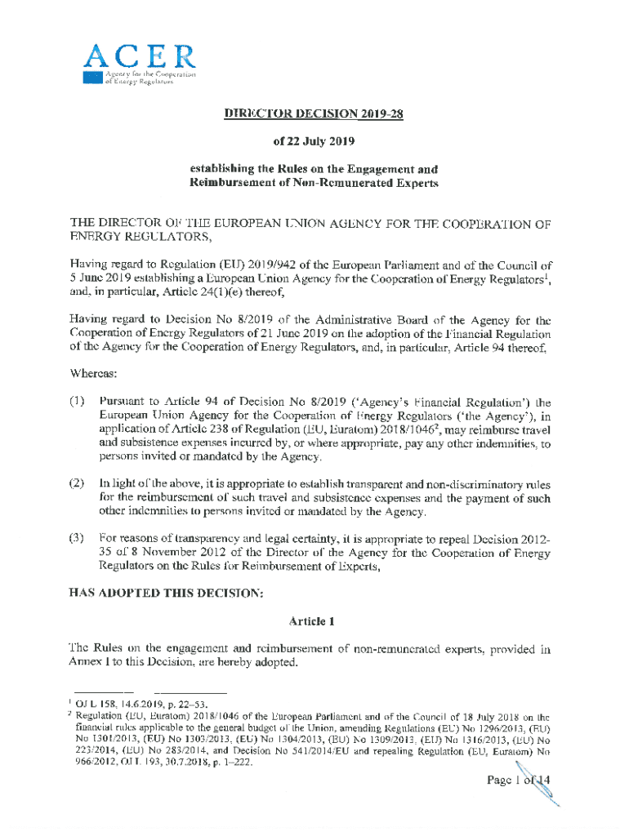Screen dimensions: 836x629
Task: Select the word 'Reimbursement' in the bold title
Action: [235, 183]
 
